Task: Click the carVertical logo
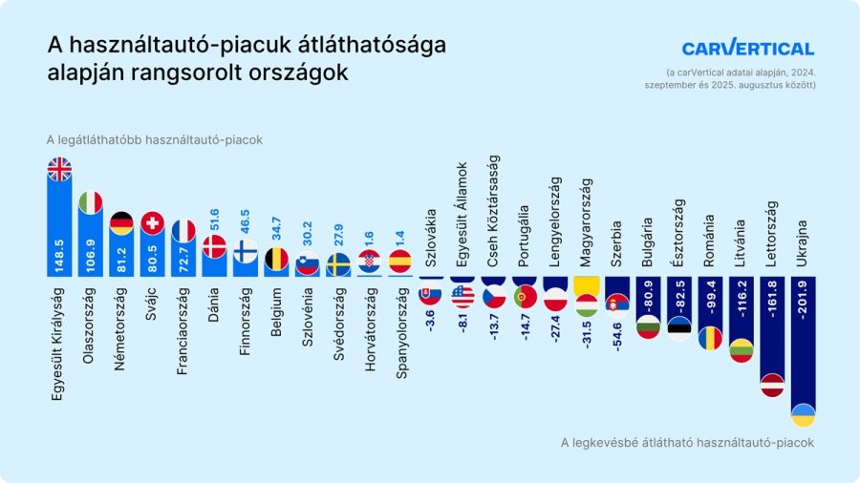click(747, 49)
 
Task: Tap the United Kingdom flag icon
click(59, 169)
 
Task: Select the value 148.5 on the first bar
click(59, 256)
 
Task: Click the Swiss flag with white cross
click(152, 222)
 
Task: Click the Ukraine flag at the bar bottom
click(804, 415)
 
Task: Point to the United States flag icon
click(463, 296)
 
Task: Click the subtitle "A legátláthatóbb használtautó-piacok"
click(154, 139)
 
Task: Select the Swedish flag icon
click(337, 263)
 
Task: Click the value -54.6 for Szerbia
click(617, 328)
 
